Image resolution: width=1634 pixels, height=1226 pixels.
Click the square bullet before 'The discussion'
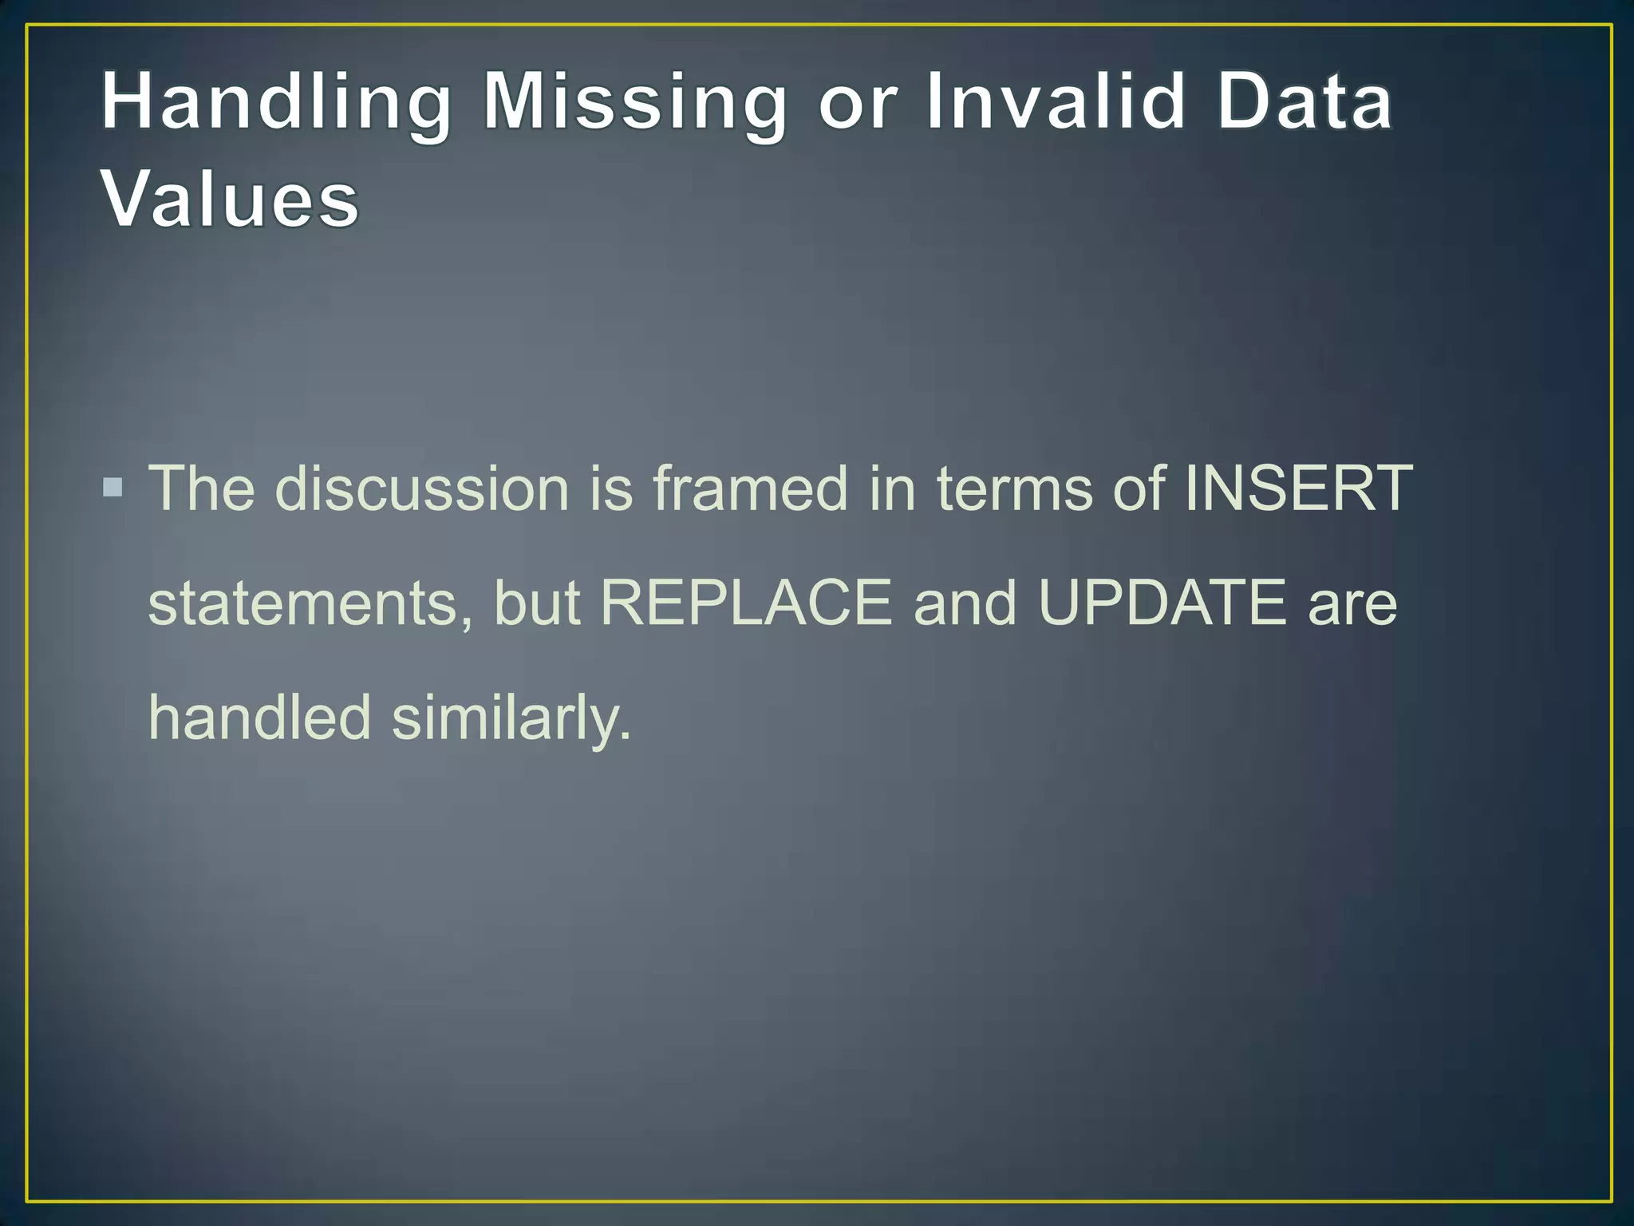pos(113,487)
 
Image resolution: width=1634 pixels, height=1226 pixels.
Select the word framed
pos(750,488)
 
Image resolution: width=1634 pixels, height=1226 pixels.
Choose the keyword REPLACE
pos(746,603)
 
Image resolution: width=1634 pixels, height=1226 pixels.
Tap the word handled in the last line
pos(260,717)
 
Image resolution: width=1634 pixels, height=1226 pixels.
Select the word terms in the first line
pos(1014,488)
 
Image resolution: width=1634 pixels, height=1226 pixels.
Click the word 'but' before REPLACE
pos(536,603)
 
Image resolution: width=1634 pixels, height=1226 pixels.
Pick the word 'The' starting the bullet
pos(202,488)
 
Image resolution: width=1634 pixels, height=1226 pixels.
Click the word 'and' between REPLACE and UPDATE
pos(965,603)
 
